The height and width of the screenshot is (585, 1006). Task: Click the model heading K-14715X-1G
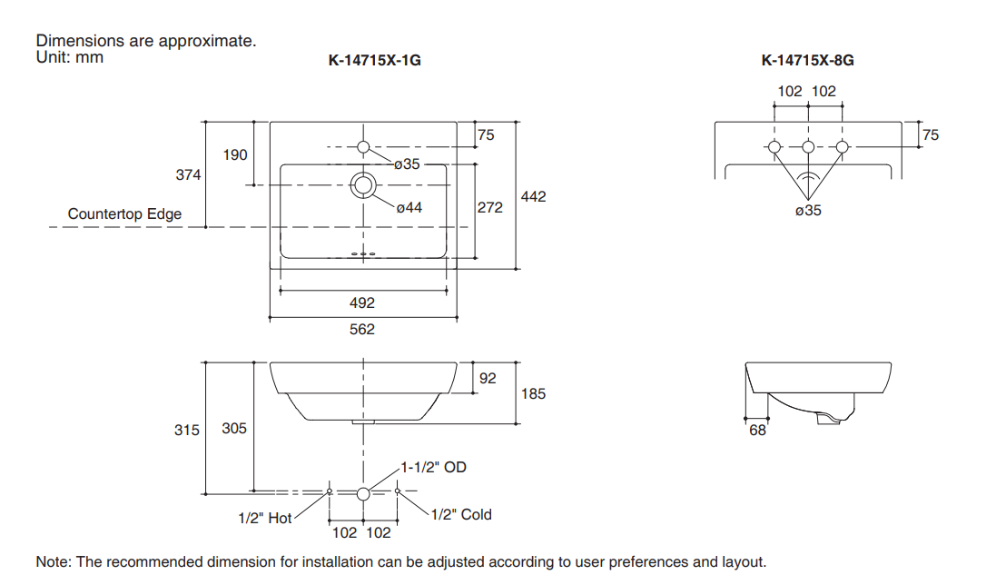[374, 62]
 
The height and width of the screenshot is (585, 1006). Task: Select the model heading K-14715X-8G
[807, 62]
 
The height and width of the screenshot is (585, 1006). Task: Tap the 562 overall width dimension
[362, 329]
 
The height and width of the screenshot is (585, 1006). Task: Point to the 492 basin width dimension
[362, 303]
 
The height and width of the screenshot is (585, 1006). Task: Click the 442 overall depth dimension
[534, 196]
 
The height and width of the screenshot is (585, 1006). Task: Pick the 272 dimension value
[490, 208]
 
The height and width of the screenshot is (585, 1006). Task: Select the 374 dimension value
[188, 174]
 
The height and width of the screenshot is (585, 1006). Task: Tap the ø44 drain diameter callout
[409, 208]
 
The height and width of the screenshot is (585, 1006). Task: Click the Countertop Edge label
[124, 214]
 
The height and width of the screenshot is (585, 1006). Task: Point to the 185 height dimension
[534, 393]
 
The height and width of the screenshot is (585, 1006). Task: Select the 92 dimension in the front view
[488, 378]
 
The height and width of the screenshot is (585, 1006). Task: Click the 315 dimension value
[187, 430]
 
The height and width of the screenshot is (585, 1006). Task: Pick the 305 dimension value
[234, 428]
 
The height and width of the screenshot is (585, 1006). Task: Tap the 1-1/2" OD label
[434, 467]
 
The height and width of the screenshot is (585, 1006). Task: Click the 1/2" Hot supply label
[265, 518]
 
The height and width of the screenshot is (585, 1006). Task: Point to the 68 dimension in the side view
[757, 431]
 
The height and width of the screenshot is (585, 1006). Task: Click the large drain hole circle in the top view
[363, 185]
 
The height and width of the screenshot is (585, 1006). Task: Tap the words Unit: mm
[70, 57]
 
